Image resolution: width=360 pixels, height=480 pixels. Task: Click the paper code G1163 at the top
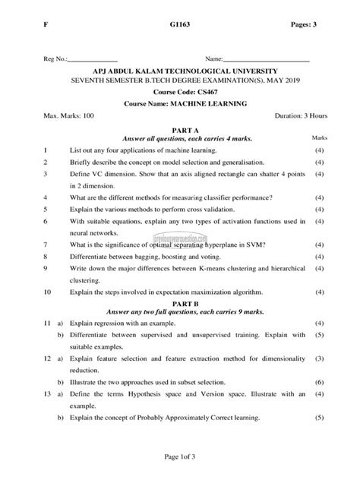pos(180,25)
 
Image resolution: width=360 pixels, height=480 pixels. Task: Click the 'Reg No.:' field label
pos(56,58)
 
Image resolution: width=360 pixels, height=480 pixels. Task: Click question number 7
pos(46,245)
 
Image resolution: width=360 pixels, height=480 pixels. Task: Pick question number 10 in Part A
pos(48,291)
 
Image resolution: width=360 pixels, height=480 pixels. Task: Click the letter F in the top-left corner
pos(46,25)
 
